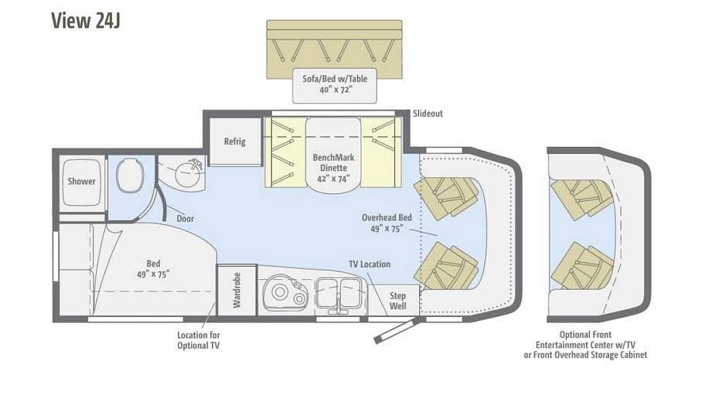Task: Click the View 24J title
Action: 85,20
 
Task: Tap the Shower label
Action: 82,181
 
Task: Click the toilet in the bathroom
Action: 130,175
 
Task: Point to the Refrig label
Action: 235,141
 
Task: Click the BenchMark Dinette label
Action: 333,168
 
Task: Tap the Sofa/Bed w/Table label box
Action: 335,84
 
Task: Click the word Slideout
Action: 428,114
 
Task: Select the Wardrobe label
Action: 237,290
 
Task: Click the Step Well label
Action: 398,301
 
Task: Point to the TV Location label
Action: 370,264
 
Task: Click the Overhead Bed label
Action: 387,223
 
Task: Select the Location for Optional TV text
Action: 199,340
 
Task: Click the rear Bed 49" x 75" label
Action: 153,269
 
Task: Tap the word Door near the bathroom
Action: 186,219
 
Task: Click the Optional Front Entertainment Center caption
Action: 585,345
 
